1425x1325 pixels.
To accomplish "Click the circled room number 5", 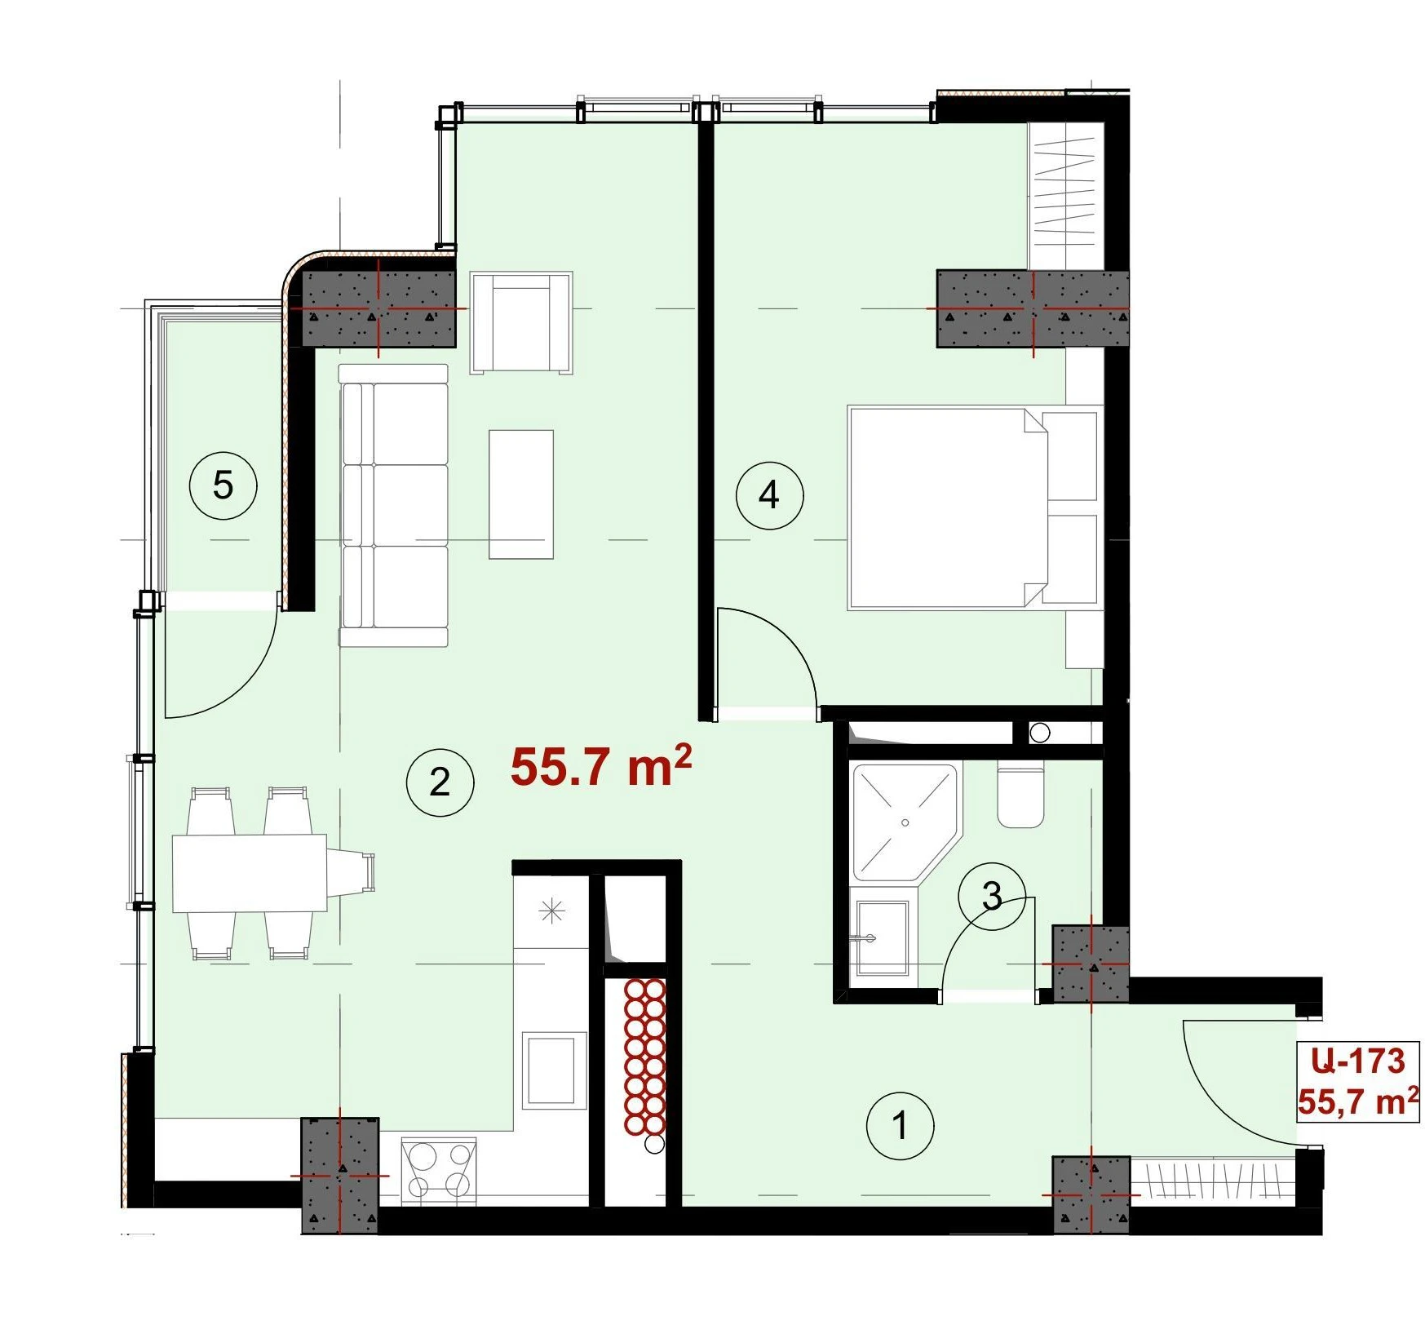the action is pos(223,486).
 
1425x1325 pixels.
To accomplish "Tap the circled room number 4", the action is pos(769,494).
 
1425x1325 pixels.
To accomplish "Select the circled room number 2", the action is pos(440,782).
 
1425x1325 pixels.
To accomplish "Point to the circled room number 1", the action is pos(900,1126).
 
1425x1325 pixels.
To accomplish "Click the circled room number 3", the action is pos(992,896).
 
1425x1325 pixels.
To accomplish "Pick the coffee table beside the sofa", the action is pos(521,494).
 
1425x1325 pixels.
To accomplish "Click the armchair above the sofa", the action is pos(521,323).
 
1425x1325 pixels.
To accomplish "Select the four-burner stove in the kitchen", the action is pos(439,1170).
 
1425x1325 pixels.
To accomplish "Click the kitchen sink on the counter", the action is pos(555,1070).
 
